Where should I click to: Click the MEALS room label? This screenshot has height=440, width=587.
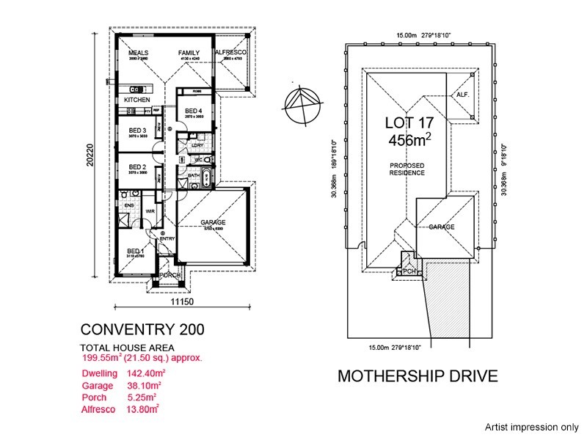[x=139, y=54]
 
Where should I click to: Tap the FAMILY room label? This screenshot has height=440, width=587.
[x=190, y=54]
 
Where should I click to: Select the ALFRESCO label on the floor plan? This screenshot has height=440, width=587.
[x=230, y=54]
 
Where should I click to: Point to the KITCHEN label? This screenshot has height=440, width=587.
[x=136, y=100]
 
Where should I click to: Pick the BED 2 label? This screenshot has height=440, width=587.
[x=138, y=168]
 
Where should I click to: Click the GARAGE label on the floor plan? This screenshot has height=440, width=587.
[x=213, y=222]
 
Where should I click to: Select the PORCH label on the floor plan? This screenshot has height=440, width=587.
[x=170, y=276]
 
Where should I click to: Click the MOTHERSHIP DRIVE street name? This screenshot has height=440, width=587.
[x=418, y=376]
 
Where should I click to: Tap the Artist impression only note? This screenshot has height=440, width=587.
[x=531, y=426]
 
